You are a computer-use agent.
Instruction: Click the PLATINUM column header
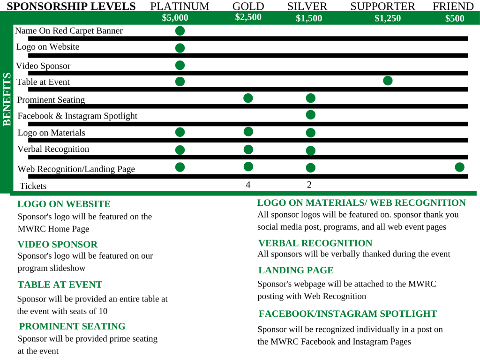180,7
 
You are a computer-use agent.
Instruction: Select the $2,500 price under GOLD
248,17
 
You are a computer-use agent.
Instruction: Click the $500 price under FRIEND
454,19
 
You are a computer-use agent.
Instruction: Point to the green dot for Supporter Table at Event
388,81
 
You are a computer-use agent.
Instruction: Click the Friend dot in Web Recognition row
459,167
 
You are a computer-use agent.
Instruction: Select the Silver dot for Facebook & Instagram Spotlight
310,115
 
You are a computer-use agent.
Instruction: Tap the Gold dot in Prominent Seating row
248,98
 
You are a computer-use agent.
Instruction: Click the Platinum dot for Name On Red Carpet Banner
180,31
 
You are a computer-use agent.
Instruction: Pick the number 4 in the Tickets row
248,185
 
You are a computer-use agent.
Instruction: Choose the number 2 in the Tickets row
309,185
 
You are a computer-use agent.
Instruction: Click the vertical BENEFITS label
7,99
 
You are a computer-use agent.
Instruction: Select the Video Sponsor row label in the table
43,66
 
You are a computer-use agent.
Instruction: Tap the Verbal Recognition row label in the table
53,149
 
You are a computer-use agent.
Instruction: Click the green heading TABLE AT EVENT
60,285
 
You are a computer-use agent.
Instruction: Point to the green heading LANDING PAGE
296,270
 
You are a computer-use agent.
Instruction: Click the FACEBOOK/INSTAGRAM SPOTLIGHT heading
347,314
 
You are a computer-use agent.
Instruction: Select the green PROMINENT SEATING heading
72,326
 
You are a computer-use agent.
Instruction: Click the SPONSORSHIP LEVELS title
71,7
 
